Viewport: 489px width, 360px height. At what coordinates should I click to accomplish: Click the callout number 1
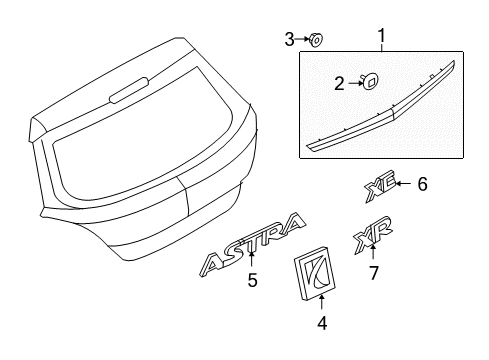click(381, 38)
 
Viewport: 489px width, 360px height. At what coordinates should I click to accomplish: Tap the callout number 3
click(289, 39)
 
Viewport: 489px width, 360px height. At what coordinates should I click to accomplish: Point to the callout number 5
click(252, 281)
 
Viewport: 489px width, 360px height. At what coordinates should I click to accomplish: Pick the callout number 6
click(422, 184)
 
